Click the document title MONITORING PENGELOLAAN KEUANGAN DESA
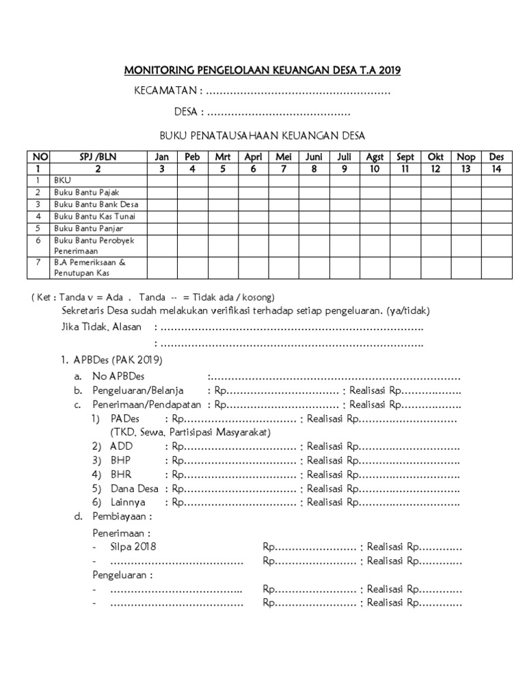click(x=262, y=70)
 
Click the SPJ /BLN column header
click(x=98, y=157)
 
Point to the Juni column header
click(x=314, y=157)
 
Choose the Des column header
click(x=497, y=157)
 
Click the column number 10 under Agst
click(x=375, y=168)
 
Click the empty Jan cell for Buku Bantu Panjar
click(x=161, y=228)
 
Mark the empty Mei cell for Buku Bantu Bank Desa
click(x=283, y=204)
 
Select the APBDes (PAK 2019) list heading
click(x=118, y=360)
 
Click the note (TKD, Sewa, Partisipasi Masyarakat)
click(x=191, y=433)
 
